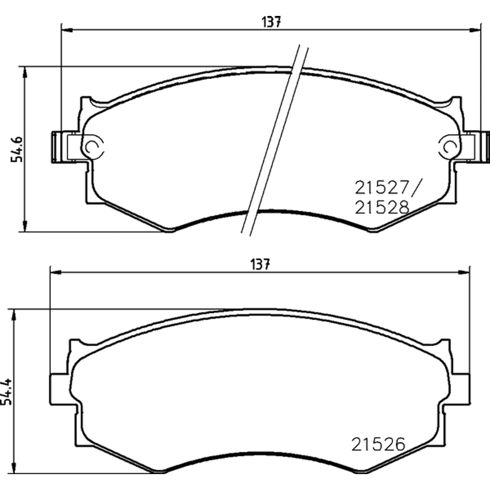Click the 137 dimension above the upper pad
(271, 22)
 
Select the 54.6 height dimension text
(17, 150)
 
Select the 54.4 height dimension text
(7, 392)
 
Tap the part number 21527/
(388, 187)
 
